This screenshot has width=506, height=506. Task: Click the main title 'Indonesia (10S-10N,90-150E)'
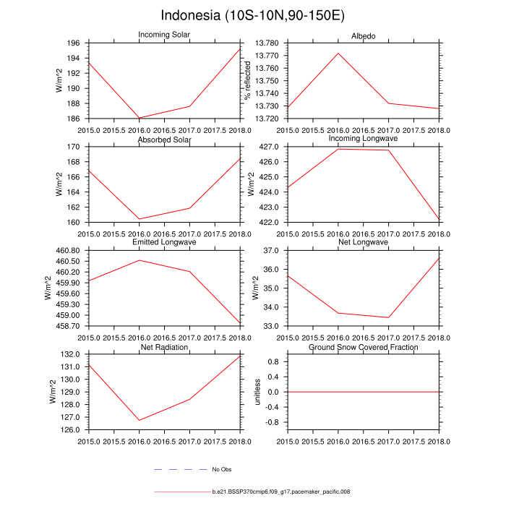[x=253, y=15]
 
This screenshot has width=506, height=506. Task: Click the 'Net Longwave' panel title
[x=364, y=242]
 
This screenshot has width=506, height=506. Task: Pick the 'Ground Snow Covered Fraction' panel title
[x=364, y=348]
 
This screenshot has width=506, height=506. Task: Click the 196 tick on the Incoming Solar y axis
[x=74, y=43]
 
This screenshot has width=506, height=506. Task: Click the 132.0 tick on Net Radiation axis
[x=72, y=355]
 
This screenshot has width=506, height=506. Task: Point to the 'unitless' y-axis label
[x=257, y=392]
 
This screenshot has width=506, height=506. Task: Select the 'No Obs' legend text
[x=221, y=470]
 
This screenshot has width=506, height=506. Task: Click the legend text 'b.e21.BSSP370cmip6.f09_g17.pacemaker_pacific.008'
[x=281, y=492]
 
